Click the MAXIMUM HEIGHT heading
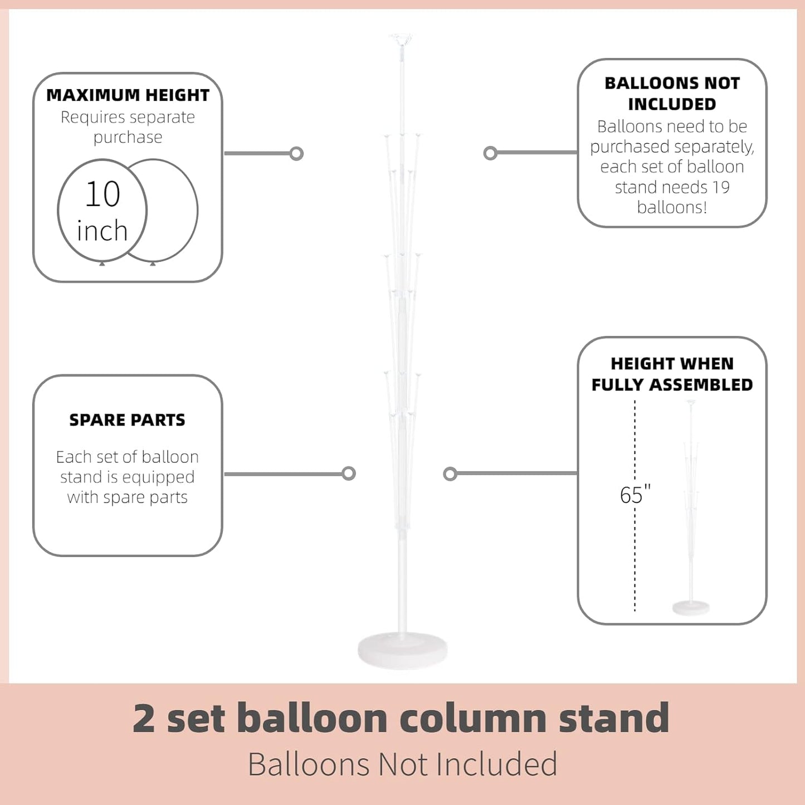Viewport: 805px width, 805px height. point(128,95)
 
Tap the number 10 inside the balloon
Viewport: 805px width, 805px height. point(103,194)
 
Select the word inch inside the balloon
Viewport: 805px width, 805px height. point(102,230)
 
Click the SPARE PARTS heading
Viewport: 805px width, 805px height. point(127,420)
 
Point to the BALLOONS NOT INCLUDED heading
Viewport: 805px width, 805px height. point(672,94)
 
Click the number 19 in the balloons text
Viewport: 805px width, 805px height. point(720,187)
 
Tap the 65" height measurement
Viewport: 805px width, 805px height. point(635,495)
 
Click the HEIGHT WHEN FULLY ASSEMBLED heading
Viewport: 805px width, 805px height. point(672,374)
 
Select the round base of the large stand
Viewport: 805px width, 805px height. point(402,650)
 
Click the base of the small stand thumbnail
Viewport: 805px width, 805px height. point(691,607)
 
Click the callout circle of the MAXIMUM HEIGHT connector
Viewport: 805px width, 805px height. point(297,153)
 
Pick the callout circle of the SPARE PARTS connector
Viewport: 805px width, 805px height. point(349,474)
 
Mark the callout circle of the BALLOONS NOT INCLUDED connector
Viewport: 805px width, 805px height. point(490,153)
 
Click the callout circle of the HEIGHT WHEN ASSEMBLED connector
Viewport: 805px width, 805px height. point(450,474)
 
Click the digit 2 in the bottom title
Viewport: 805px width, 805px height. point(144,718)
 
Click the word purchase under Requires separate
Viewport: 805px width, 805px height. point(128,137)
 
